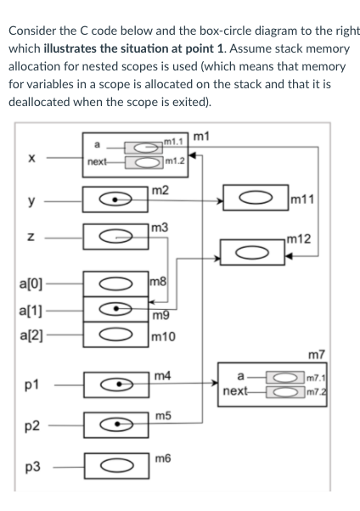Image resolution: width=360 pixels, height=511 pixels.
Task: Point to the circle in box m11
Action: (x=255, y=202)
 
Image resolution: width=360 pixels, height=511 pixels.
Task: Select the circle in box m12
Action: (x=253, y=250)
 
